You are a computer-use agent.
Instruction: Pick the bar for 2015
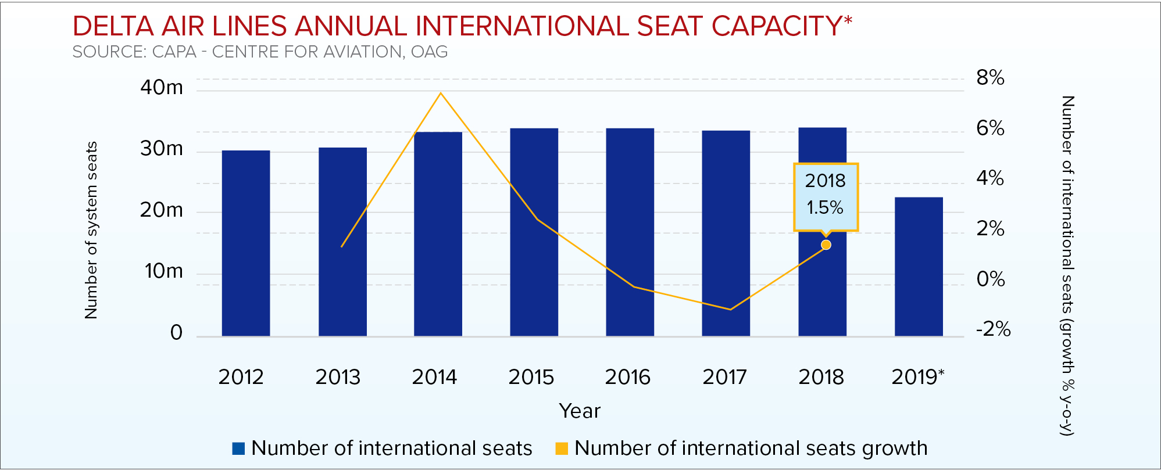tap(534, 232)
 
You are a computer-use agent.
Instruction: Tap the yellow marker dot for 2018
tap(826, 245)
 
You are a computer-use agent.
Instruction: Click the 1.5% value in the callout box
tap(824, 207)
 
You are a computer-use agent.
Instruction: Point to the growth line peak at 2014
tap(441, 93)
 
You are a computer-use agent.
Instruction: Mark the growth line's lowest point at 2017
tap(730, 309)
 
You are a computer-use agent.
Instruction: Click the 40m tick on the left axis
tap(161, 88)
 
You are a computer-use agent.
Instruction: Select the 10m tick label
tap(163, 271)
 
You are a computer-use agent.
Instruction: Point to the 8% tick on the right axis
tap(990, 77)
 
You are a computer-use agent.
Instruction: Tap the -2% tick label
tap(993, 329)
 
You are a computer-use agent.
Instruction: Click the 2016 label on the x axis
tap(627, 377)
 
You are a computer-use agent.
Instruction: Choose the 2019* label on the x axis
tap(917, 377)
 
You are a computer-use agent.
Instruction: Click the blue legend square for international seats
tap(238, 448)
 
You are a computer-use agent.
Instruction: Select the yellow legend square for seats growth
tap(562, 448)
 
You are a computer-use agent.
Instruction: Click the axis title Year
tap(579, 411)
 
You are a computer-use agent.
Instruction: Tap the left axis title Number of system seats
tap(91, 230)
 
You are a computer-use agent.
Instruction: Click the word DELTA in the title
tap(113, 26)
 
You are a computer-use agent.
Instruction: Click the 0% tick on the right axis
tap(990, 279)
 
